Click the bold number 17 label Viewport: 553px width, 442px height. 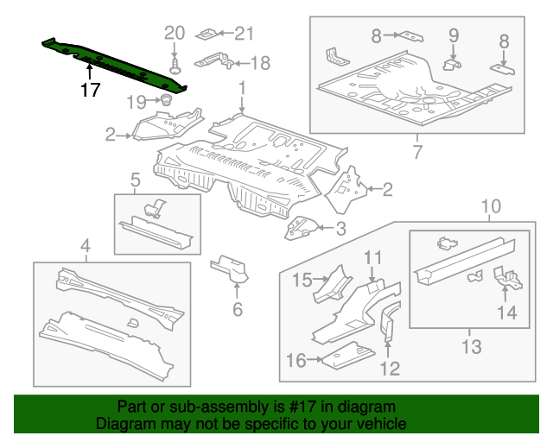tap(90, 89)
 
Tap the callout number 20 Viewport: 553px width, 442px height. tap(175, 33)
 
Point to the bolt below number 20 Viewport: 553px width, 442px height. tap(175, 64)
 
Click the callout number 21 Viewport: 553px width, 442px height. tap(245, 35)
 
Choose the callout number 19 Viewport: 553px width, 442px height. tap(137, 103)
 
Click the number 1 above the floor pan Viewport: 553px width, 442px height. tap(243, 88)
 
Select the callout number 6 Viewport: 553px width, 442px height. tap(237, 309)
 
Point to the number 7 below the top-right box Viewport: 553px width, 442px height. tap(416, 154)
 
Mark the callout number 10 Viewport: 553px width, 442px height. tap(490, 206)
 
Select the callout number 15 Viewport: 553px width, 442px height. tap(301, 279)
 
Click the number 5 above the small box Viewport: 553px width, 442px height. tap(136, 180)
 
